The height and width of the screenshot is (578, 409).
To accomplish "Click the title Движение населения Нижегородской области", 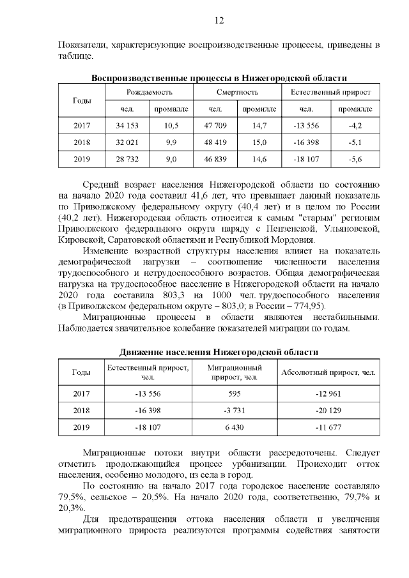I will [219, 352].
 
